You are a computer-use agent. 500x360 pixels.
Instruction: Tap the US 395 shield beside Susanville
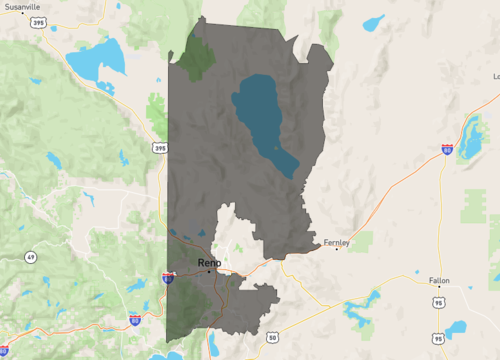(x=38, y=21)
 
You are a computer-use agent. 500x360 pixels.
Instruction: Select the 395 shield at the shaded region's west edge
(x=161, y=148)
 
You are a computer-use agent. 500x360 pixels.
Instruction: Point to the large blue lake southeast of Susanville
(x=96, y=60)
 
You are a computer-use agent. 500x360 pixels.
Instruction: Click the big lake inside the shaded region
(x=262, y=120)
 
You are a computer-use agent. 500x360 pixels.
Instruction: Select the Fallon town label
(x=439, y=280)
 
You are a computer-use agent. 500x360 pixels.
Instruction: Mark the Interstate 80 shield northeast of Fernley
(x=446, y=149)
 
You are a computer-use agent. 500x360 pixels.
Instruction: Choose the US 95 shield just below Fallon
(x=439, y=300)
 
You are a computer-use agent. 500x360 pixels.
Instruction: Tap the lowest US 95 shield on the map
(x=438, y=339)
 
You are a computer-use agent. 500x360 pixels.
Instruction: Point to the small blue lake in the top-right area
(x=374, y=22)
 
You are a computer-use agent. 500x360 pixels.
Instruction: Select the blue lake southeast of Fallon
(x=456, y=328)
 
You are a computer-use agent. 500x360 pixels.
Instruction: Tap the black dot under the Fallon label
(x=439, y=288)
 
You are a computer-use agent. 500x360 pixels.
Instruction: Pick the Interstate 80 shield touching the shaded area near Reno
(x=169, y=279)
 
